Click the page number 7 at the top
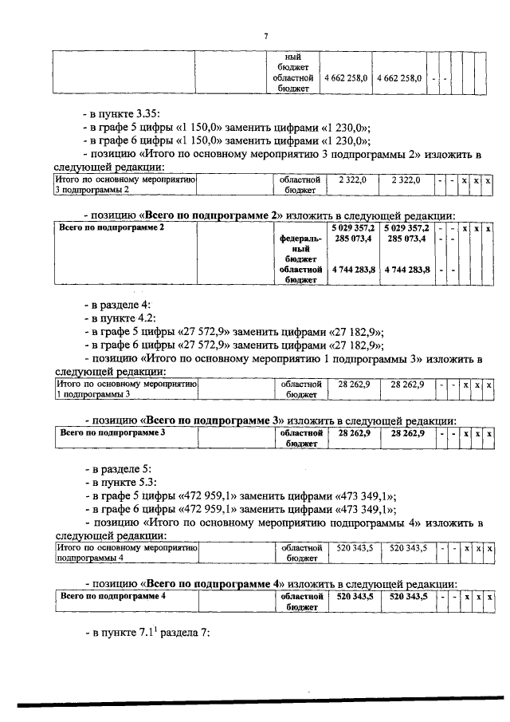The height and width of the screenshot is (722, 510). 267,35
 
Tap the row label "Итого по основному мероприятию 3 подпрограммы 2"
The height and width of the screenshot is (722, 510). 124,185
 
